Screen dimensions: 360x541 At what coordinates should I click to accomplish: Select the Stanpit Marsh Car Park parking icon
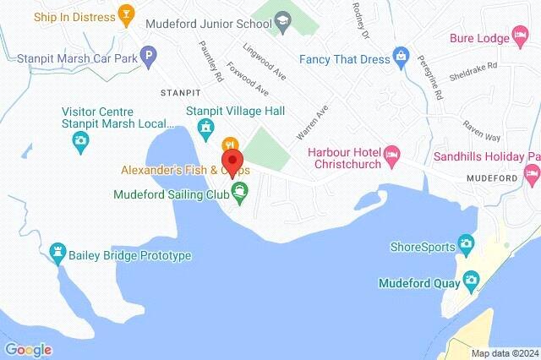tap(149, 58)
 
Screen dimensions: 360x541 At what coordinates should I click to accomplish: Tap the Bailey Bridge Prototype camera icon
tap(57, 251)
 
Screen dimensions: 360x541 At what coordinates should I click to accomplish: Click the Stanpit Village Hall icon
tap(204, 127)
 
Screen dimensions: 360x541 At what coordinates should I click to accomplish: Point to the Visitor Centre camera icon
tap(80, 140)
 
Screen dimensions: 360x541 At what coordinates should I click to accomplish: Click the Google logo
tap(28, 349)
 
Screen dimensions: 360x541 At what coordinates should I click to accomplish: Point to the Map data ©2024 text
tap(504, 352)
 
